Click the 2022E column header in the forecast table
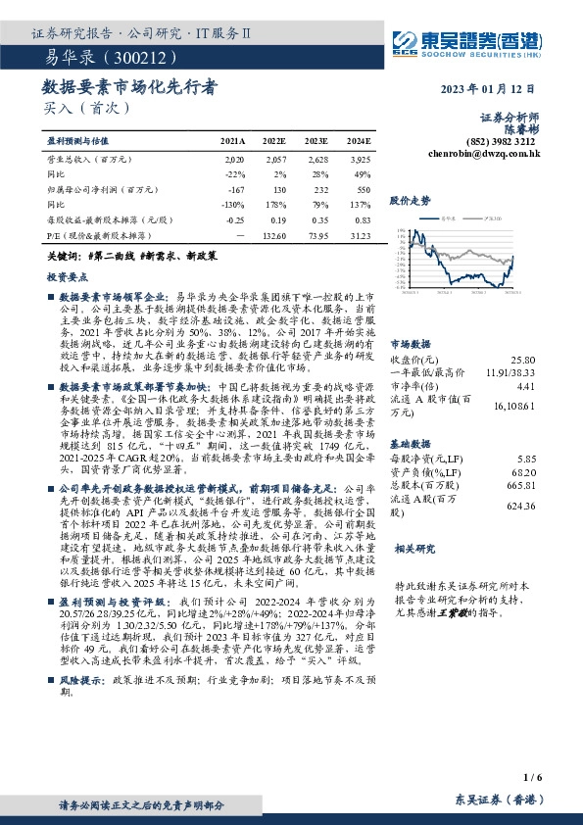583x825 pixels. pos(274,141)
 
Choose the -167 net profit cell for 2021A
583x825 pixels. pos(235,189)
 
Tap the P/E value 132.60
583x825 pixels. pos(274,236)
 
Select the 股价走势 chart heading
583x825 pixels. pos(411,200)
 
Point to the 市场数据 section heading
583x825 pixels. pos(411,345)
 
